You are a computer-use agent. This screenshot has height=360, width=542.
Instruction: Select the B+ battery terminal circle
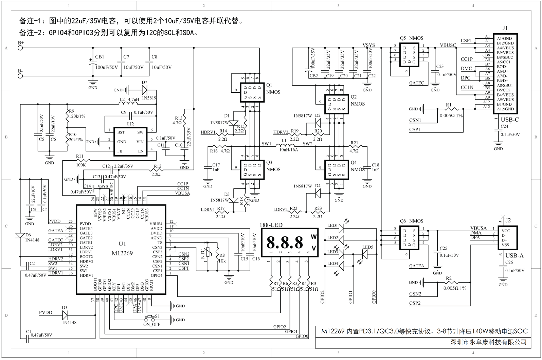tap(20, 48)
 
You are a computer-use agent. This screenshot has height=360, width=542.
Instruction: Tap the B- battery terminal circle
tap(20, 76)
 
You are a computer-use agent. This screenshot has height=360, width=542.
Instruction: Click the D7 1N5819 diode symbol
tap(144, 90)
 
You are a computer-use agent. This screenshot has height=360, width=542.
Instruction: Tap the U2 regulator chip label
tap(130, 125)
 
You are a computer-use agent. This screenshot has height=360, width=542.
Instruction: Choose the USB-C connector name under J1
tap(510, 120)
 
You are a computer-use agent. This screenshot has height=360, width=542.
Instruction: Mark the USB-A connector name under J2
tap(514, 256)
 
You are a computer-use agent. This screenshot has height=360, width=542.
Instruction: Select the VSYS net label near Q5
tap(369, 45)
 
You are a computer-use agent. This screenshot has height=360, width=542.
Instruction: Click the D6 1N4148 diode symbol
tap(20, 235)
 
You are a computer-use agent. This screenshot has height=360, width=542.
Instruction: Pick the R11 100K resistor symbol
tap(82, 161)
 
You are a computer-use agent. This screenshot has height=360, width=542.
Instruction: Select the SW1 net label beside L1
tap(267, 144)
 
